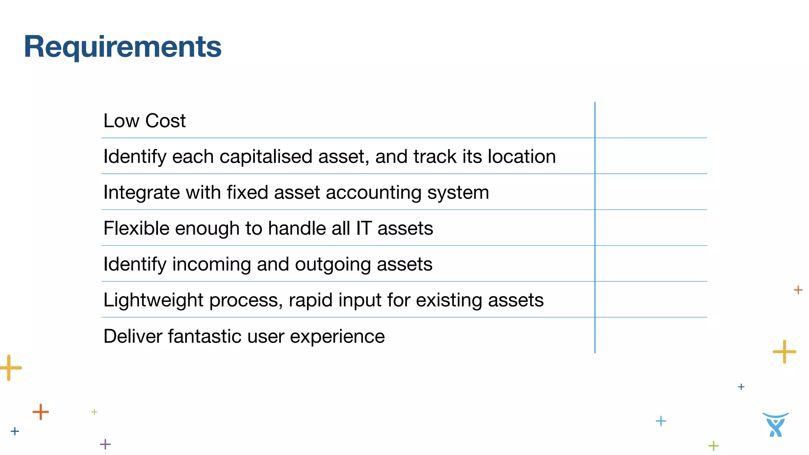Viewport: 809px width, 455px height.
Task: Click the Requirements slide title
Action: coord(122,47)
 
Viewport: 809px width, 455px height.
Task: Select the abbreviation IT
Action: coord(363,229)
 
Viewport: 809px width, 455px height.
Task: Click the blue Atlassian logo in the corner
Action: coord(775,425)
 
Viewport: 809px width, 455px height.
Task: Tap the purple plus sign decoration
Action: coord(105,444)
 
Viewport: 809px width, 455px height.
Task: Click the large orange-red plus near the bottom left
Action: coord(41,412)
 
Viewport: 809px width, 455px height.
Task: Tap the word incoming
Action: coord(211,265)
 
